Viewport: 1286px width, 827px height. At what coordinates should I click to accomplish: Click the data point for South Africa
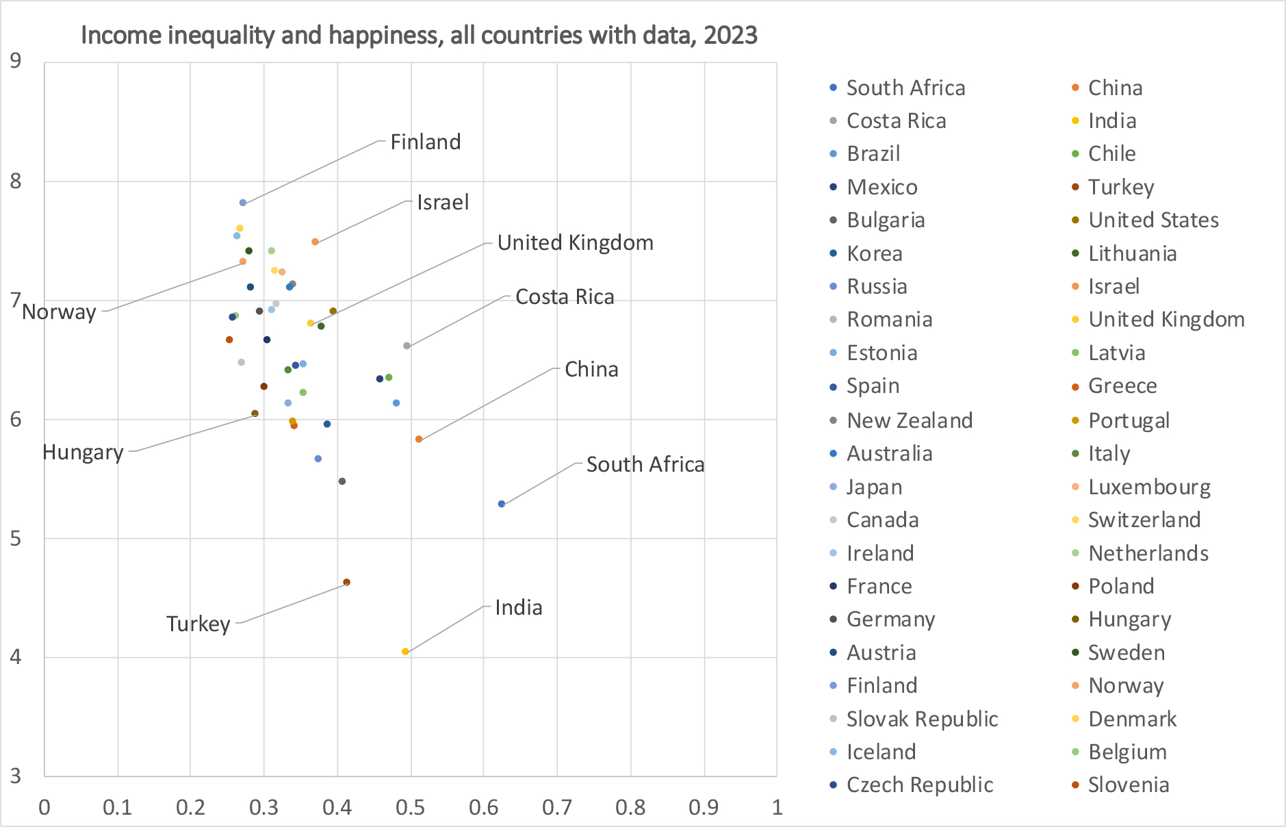(502, 504)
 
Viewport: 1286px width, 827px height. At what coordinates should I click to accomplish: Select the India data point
(405, 652)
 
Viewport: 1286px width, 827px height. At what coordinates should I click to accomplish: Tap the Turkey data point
(346, 582)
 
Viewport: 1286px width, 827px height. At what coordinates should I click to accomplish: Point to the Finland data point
(243, 203)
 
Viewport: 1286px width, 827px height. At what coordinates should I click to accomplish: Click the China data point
(419, 439)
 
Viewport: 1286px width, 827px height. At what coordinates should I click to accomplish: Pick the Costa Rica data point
(407, 346)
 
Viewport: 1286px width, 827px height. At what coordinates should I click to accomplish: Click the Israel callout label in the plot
(443, 202)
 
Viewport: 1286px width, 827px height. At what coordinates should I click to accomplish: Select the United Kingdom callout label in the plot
(575, 242)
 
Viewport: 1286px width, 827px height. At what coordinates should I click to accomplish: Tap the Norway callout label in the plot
(59, 311)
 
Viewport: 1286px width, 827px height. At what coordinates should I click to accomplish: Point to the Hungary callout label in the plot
(83, 452)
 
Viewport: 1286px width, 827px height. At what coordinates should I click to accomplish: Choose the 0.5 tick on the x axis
(410, 807)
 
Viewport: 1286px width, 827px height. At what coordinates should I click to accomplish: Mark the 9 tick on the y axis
(16, 61)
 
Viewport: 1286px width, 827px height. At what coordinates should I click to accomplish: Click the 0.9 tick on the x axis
(704, 807)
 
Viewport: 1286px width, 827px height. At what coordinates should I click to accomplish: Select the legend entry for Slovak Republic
(922, 719)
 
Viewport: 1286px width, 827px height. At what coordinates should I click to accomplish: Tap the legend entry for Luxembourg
(1149, 487)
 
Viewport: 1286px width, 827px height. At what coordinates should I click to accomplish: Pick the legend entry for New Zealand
(910, 420)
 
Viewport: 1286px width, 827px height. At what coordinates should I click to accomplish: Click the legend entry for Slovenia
(1129, 785)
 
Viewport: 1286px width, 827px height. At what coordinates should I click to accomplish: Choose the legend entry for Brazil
(873, 153)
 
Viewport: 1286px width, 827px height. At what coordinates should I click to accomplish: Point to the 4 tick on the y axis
(16, 657)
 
